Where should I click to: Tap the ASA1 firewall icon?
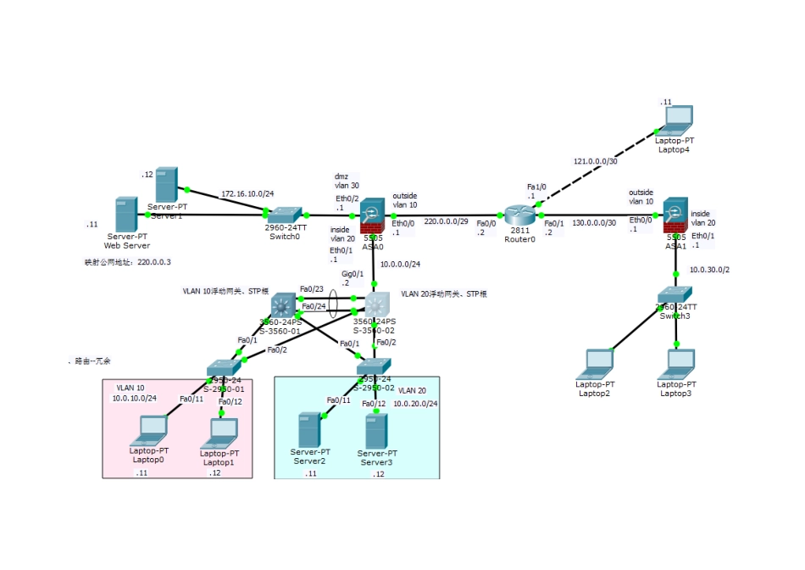click(675, 215)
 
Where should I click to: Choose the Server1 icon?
click(166, 184)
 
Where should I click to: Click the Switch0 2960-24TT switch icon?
click(286, 215)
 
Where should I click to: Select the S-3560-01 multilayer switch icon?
click(284, 305)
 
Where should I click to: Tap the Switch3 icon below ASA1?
click(676, 296)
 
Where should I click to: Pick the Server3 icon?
click(375, 432)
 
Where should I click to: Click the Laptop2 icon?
click(595, 363)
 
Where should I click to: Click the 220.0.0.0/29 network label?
click(445, 221)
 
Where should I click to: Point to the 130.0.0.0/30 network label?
click(594, 222)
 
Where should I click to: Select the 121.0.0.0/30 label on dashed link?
click(594, 160)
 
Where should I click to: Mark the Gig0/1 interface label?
click(353, 274)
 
